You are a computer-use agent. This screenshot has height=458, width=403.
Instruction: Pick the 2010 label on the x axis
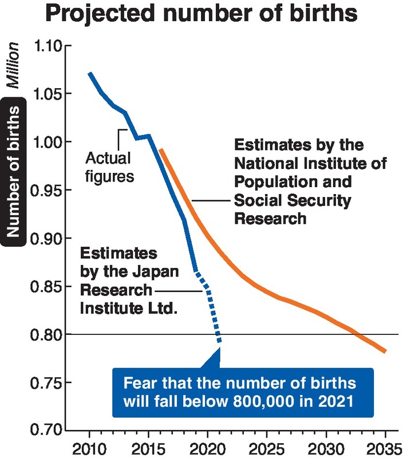[x=90, y=447]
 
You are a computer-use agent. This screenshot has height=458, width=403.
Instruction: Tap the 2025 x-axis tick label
[x=267, y=447]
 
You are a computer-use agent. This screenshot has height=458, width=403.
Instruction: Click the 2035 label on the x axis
[x=385, y=447]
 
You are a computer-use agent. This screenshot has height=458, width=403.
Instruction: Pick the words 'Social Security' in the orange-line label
[x=292, y=201]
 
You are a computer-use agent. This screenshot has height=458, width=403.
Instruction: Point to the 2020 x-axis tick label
[x=208, y=447]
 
